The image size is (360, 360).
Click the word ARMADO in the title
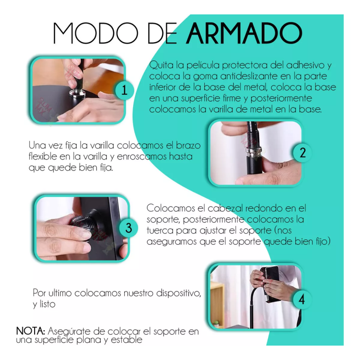click(244, 33)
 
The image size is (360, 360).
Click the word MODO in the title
click(95, 33)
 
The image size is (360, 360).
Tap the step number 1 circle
click(124, 90)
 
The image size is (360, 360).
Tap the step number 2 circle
click(302, 153)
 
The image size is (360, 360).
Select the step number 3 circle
click(129, 228)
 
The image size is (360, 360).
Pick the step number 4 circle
click(302, 299)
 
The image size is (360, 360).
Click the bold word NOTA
click(31, 331)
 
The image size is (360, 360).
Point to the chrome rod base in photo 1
click(77, 94)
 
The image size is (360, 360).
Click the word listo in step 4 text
click(48, 304)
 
